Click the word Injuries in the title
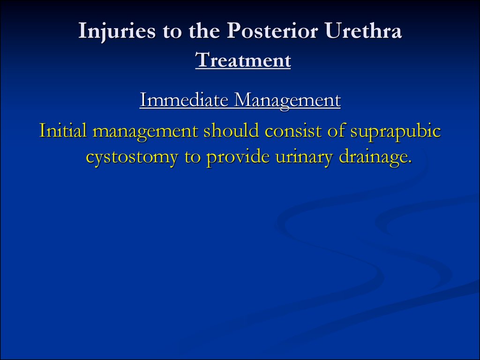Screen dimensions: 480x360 pos(117,31)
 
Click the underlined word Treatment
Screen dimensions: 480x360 pos(243,60)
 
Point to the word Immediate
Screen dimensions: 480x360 pos(184,100)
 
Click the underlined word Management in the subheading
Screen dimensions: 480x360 pos(287,101)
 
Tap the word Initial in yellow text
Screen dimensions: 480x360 pos(63,130)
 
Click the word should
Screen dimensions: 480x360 pos(232,130)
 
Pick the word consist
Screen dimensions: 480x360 pos(293,131)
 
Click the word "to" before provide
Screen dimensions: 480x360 pos(193,158)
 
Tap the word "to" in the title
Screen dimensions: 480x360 pos(172,32)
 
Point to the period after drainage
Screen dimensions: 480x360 pos(410,163)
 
